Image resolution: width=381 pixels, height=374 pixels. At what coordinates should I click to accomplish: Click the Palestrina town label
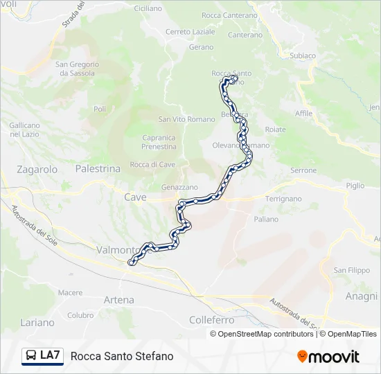point(98,168)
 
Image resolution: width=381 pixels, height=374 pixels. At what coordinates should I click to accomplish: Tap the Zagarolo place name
point(37,168)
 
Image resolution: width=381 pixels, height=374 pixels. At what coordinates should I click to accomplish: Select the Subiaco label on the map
point(303,55)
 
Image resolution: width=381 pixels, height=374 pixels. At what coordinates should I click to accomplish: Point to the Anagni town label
point(362,296)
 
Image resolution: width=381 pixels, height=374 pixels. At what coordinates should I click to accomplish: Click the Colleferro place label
point(212,320)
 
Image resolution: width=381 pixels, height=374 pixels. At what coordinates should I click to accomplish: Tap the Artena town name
point(118,300)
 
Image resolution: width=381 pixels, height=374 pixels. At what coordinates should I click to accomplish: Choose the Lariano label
point(37,322)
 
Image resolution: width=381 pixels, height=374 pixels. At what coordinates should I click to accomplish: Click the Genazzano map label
point(179,187)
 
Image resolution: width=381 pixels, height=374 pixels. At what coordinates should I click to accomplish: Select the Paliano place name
point(266,219)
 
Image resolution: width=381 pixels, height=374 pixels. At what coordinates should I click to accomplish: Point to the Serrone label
point(303,170)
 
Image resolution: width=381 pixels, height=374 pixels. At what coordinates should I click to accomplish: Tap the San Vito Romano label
point(187,119)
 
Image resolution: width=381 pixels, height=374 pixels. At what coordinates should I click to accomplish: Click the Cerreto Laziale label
point(190,32)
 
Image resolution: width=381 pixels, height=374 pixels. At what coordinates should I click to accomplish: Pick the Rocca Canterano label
point(229,15)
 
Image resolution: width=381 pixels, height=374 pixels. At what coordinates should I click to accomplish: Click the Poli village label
point(100,109)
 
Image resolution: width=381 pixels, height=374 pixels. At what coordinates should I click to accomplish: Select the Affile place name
point(303,113)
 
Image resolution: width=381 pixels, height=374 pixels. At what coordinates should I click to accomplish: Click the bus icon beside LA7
point(31,356)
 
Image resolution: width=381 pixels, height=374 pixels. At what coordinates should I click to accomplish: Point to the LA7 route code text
point(50,356)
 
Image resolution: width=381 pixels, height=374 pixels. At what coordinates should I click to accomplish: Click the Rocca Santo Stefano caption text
point(122,356)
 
